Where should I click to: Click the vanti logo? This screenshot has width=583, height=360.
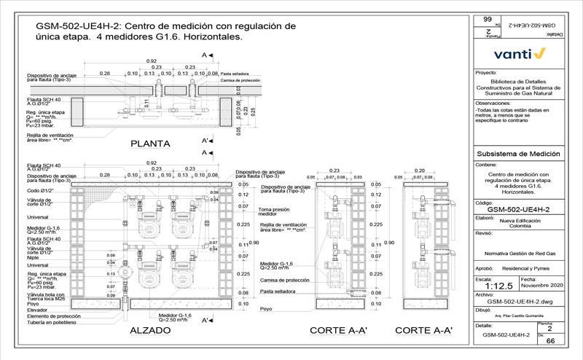[x=518, y=54]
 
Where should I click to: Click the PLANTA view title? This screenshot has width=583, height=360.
[x=151, y=143]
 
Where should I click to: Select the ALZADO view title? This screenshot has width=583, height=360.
[x=150, y=330]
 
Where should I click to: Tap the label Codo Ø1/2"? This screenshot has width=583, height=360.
[x=41, y=190]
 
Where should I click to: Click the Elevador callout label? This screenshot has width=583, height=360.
[x=38, y=310]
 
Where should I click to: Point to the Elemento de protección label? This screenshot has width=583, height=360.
[x=53, y=316]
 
